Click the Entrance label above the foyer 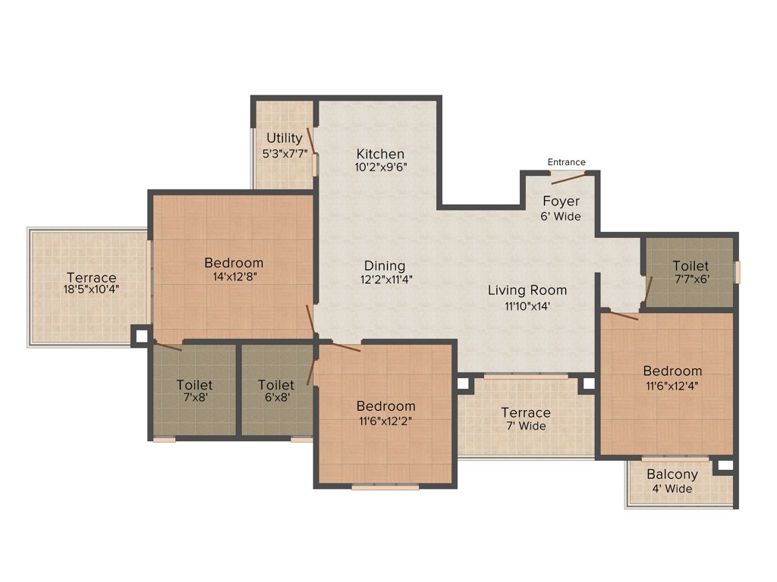[x=567, y=161]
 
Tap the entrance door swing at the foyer [x=570, y=178]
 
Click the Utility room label [x=284, y=139]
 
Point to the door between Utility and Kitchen [x=310, y=140]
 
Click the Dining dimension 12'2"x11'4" [x=385, y=279]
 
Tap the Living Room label [x=527, y=290]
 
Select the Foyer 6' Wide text [x=562, y=216]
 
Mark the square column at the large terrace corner [x=140, y=336]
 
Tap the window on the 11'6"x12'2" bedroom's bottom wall [x=385, y=487]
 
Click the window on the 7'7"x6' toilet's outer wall [x=736, y=271]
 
